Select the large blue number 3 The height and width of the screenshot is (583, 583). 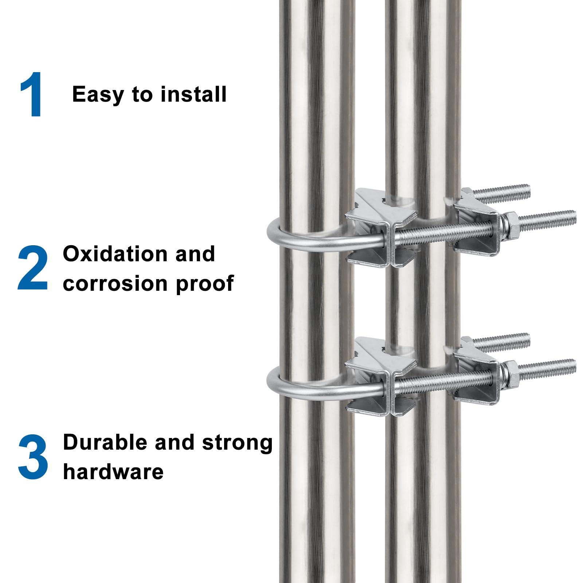point(33,457)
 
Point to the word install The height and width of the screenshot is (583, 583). point(193,94)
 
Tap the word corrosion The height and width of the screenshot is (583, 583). point(117,283)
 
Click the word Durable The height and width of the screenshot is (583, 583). point(105,443)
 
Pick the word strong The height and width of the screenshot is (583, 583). point(237,443)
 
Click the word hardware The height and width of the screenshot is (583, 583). point(113,472)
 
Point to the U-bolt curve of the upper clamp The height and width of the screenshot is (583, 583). point(273,233)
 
